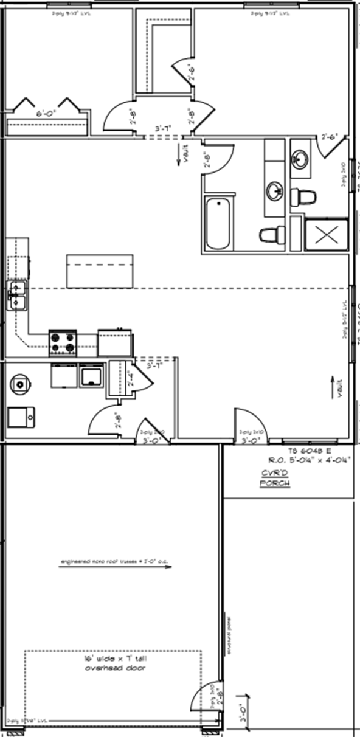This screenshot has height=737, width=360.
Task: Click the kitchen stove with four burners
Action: pyautogui.click(x=63, y=342)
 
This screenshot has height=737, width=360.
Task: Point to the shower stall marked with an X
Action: pyautogui.click(x=327, y=235)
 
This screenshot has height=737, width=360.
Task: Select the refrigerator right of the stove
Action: pyautogui.click(x=115, y=342)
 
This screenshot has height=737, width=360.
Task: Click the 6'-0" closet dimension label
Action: pyautogui.click(x=46, y=113)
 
